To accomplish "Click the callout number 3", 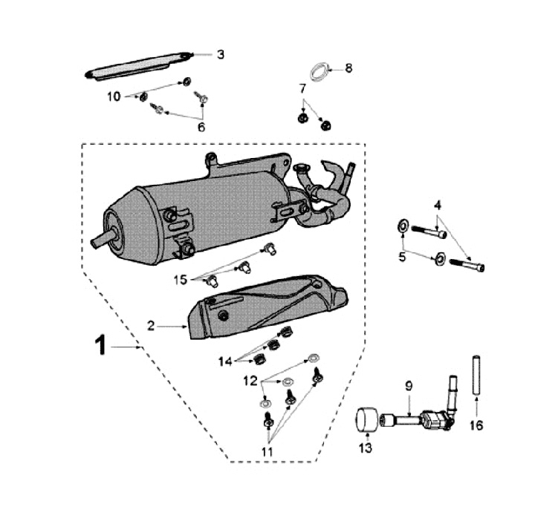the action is [220, 54].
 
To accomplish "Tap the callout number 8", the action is [348, 68].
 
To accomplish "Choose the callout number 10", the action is [114, 96].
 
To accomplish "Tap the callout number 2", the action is [150, 325].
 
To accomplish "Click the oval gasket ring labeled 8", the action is [319, 71].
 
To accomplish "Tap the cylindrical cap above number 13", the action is [364, 420].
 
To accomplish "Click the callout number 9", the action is [408, 386].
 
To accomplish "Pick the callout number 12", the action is [250, 381].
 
